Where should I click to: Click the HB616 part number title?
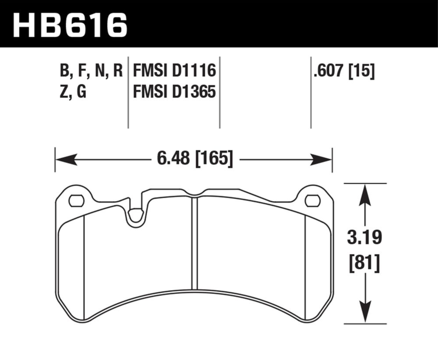coord(70,25)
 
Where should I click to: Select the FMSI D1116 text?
coord(174,71)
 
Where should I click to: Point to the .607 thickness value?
coord(328,71)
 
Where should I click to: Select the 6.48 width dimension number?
coord(174,158)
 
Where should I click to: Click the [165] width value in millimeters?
coord(214,158)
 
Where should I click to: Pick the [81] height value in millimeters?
coord(365,263)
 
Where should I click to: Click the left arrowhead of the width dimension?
coord(67,160)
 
